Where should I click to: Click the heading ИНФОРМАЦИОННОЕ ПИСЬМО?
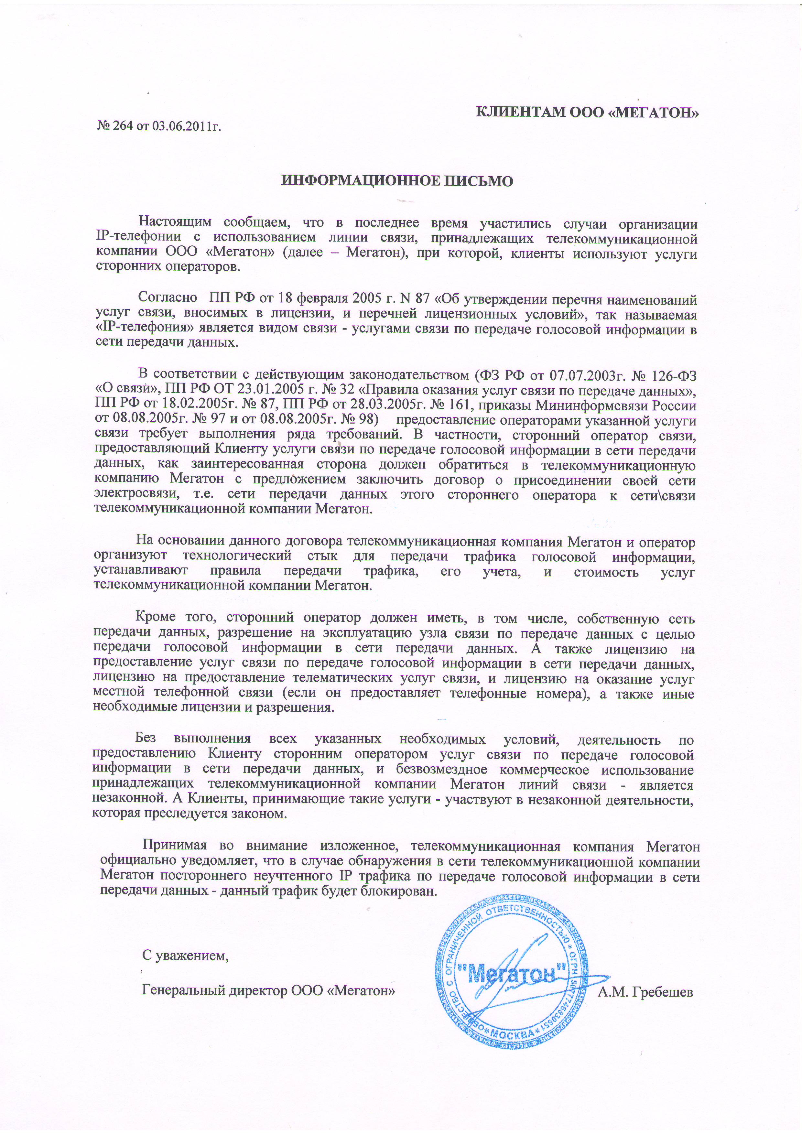coord(397,181)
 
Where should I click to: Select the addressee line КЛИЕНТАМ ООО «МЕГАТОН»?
coord(587,113)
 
